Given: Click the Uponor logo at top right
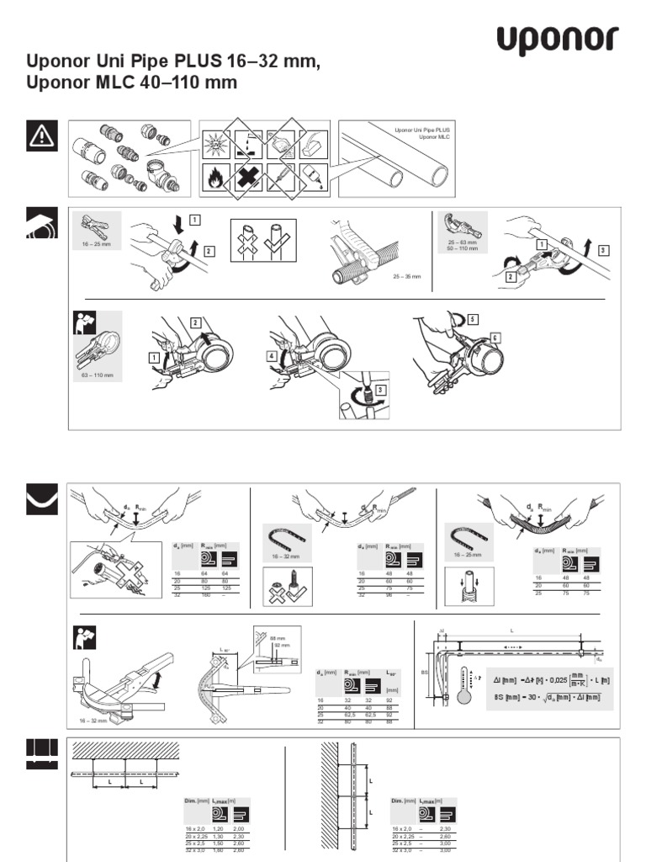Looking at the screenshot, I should pos(557,40).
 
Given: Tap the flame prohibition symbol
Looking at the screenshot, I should pos(217,178).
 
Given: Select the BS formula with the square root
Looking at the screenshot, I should pos(548,697).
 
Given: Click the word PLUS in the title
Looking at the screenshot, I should pos(196,61).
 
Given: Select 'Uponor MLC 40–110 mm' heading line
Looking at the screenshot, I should pos(133,82).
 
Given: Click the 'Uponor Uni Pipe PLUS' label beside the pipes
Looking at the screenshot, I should pos(423,130).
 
